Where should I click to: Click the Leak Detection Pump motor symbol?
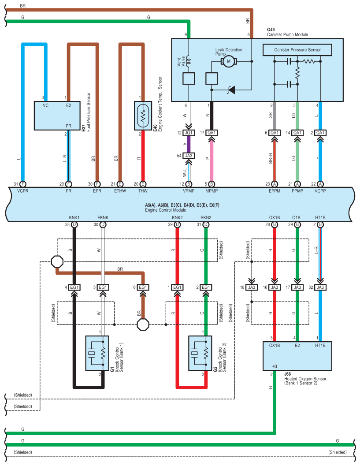pos(229,62)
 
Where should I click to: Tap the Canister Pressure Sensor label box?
pos(297,50)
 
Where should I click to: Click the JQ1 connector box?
pos(189,133)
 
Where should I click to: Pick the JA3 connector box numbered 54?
pos(189,155)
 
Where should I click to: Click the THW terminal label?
pos(143,192)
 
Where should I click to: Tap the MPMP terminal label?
pos(212,192)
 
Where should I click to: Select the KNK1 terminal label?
pos(74,218)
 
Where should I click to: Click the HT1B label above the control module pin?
pos(320,218)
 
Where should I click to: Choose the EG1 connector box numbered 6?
pos(142,287)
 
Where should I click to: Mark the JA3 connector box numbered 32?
pos(320,287)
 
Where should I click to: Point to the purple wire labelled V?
pos(189,144)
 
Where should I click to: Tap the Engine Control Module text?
pos(164,210)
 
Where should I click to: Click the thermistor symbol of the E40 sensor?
pos(143,116)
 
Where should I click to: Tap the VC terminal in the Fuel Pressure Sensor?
pos(45,106)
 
